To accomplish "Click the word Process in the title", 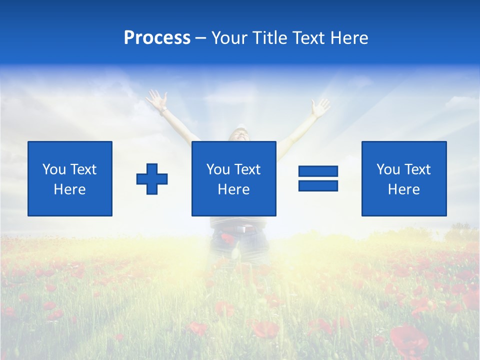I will tap(157, 38).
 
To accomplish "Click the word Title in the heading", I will tap(270, 38).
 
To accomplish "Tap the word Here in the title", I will tap(348, 38).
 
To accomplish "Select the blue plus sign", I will tap(152, 179).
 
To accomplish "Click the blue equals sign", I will tap(318, 178).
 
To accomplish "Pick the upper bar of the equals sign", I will tap(318, 171).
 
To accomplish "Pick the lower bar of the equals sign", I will tap(318, 185).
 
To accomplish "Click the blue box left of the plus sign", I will tap(70, 178).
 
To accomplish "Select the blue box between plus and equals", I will tap(233, 178).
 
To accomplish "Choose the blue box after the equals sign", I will tap(404, 178).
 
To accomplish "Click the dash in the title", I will tap(201, 38).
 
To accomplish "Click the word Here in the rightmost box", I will tap(404, 189).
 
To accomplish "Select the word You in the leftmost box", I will tap(54, 169).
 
